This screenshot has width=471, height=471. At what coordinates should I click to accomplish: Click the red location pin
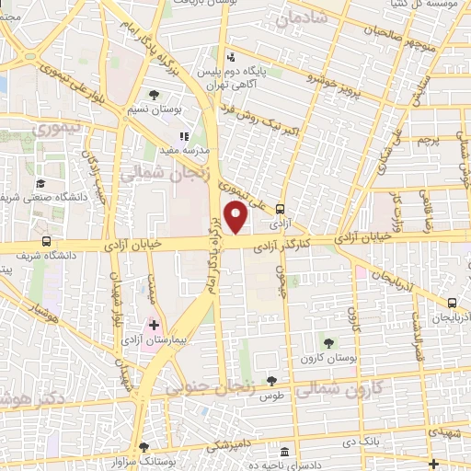click(236, 217)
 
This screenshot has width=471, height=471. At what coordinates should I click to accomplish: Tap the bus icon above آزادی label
click(281, 208)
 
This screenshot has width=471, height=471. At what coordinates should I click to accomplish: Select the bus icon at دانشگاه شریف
click(46, 241)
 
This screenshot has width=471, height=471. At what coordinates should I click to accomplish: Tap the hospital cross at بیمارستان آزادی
click(154, 325)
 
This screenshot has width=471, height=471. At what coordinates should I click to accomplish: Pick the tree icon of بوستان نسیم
click(154, 95)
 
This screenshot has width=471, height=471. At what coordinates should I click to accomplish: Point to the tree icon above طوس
click(270, 380)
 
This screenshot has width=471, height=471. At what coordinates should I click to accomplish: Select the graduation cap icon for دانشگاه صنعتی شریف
click(40, 184)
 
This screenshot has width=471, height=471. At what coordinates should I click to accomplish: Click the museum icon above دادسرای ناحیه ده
click(284, 454)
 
